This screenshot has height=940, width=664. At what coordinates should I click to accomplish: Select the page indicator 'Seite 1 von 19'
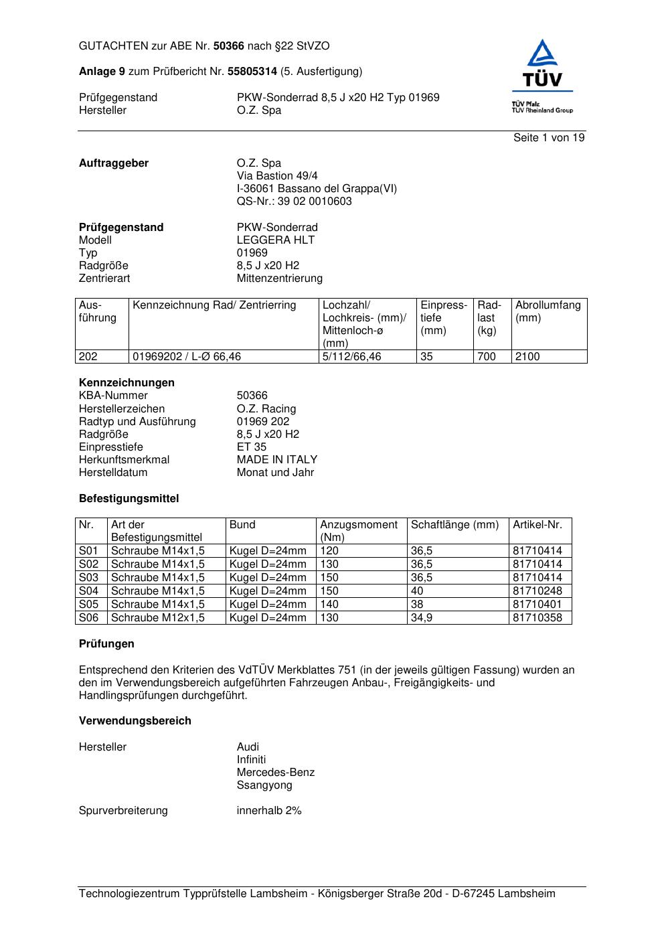pyautogui.click(x=549, y=138)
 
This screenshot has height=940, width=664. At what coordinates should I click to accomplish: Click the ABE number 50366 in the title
pyautogui.click(x=229, y=46)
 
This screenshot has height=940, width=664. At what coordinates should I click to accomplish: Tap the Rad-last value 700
pyautogui.click(x=487, y=357)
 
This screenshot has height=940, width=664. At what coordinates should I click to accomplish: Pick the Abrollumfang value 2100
pyautogui.click(x=527, y=357)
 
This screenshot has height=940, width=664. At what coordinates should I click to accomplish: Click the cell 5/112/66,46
pyautogui.click(x=351, y=357)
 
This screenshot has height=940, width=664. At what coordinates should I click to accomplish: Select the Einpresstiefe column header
pyautogui.click(x=444, y=318)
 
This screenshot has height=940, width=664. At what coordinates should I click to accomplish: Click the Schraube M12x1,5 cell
pyautogui.click(x=158, y=618)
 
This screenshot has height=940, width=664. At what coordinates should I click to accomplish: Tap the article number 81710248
pyautogui.click(x=537, y=591)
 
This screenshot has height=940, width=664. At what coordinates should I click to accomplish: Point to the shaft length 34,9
pyautogui.click(x=422, y=618)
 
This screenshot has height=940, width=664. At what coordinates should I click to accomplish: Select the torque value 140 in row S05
pyautogui.click(x=329, y=605)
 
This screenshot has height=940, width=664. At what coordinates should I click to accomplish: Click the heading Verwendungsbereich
pyautogui.click(x=135, y=721)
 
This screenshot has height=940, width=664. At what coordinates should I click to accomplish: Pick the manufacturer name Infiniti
pyautogui.click(x=251, y=760)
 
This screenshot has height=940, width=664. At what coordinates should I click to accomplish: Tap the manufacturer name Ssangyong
pyautogui.click(x=264, y=785)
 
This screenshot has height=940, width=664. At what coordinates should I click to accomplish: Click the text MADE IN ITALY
pyautogui.click(x=277, y=460)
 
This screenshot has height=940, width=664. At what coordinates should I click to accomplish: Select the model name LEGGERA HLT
pyautogui.click(x=276, y=240)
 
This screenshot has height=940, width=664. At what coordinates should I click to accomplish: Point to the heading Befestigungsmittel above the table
pyautogui.click(x=129, y=499)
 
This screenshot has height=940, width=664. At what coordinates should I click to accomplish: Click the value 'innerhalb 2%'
pyautogui.click(x=269, y=811)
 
